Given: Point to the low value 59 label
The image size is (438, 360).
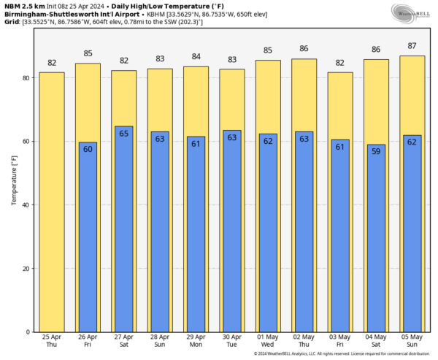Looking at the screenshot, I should (377, 152).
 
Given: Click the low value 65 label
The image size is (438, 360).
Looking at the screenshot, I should (124, 134).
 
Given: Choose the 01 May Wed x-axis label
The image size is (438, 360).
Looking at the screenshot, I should (268, 341).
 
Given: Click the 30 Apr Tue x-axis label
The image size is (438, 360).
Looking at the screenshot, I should (232, 341).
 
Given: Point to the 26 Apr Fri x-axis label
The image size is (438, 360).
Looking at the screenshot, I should (88, 341).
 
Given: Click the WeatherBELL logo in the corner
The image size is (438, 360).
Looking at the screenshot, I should (412, 12).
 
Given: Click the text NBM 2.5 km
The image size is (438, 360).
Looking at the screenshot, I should (23, 6).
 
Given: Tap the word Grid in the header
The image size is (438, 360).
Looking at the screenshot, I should (11, 22).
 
